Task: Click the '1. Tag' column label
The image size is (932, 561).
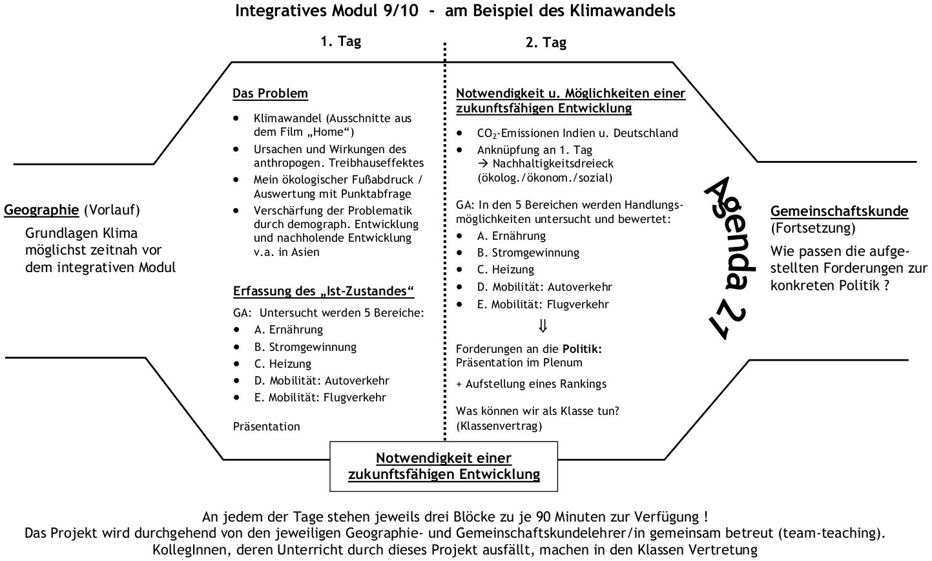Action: (340, 41)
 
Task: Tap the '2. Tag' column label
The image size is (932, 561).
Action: (546, 43)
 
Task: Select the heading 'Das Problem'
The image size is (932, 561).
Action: (270, 94)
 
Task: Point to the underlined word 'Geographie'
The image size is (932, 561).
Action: (41, 210)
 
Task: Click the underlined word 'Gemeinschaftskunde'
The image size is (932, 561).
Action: (839, 211)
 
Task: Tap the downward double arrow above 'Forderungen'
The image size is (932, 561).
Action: (543, 326)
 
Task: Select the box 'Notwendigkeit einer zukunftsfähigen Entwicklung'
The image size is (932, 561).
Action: (444, 466)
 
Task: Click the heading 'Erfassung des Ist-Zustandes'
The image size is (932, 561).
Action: (324, 291)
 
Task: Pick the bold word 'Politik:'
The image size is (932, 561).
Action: (582, 349)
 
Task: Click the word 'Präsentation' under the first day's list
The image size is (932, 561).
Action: (266, 427)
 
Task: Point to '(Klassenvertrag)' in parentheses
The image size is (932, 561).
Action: (499, 426)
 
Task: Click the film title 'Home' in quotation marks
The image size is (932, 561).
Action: (334, 132)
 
